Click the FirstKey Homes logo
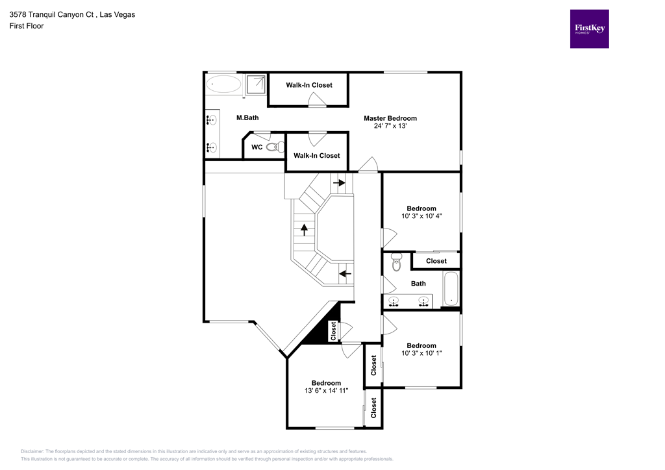coord(589,29)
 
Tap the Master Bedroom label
coord(390,118)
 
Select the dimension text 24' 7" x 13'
coord(390,127)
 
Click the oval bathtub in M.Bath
coord(223,84)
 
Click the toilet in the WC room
coord(275,147)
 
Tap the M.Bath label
coord(247,118)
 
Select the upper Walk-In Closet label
coord(309,85)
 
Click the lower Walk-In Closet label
coord(316,156)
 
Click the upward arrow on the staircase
coord(303,229)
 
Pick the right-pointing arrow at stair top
coord(339,183)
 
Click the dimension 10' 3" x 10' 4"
coord(421,217)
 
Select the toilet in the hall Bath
coord(397,263)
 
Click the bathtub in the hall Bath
coord(451,288)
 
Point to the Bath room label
coord(418,284)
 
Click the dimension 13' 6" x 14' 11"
coord(326,391)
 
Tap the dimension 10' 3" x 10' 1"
coord(421,353)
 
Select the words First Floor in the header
coord(27,26)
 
